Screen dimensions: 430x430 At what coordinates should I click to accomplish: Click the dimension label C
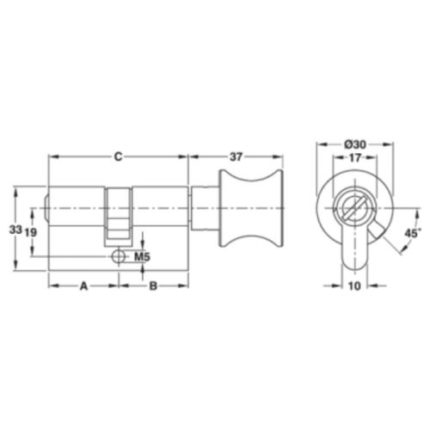(x=119, y=157)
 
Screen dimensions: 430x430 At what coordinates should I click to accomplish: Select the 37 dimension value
(x=236, y=157)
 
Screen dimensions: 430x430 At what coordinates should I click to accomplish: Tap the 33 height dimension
(x=15, y=230)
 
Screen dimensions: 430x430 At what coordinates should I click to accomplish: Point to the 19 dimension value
(x=31, y=232)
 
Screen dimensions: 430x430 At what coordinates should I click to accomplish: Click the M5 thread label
(x=143, y=257)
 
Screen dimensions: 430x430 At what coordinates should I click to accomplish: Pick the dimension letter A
(x=83, y=286)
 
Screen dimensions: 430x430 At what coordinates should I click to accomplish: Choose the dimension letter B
(x=153, y=286)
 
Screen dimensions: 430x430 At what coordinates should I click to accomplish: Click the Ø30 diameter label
(x=355, y=144)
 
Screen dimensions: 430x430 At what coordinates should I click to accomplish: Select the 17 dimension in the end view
(x=355, y=157)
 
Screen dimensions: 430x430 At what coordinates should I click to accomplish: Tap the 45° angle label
(x=413, y=233)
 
